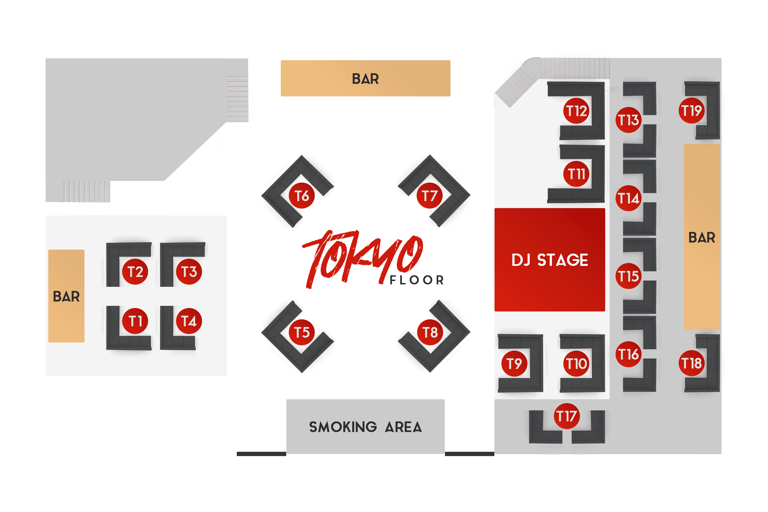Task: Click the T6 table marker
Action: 302,196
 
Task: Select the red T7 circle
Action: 429,196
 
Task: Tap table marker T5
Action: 302,332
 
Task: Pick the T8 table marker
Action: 430,332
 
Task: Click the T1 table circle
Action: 135,321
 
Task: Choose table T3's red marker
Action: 189,272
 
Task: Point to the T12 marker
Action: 576,111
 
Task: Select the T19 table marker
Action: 692,110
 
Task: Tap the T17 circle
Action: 567,416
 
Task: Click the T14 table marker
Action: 629,198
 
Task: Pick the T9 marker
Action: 514,363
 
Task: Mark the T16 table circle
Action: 629,354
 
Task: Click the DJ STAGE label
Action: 550,260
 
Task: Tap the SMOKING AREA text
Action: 365,427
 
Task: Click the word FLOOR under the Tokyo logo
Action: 417,280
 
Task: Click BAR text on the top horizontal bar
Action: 365,79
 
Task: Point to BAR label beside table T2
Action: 66,296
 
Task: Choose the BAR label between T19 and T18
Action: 702,237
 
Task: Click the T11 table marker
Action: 576,174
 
